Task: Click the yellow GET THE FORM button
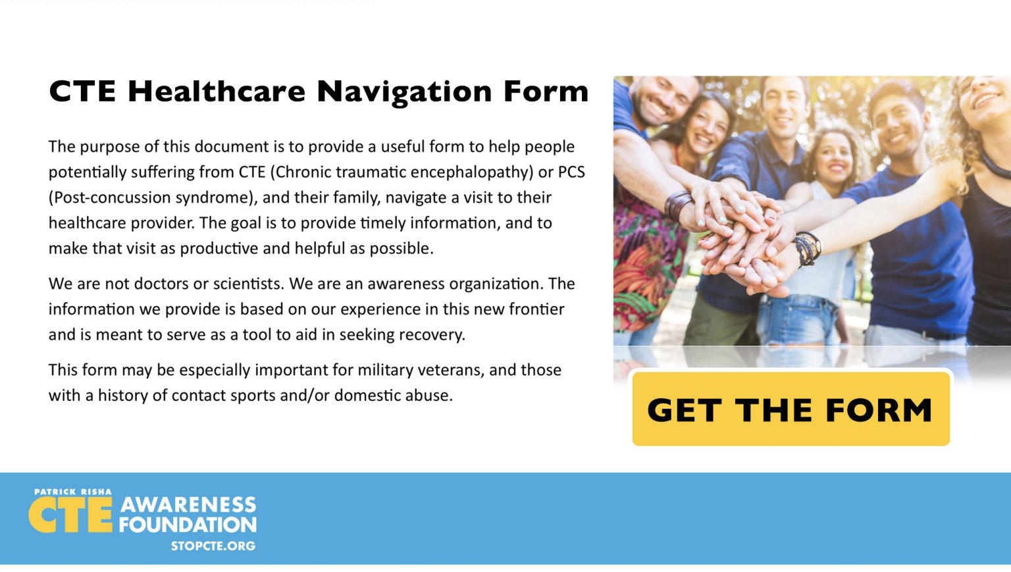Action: [x=791, y=409]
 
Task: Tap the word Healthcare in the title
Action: [x=217, y=91]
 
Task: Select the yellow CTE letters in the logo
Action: [x=70, y=515]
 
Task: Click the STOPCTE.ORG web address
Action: [x=213, y=546]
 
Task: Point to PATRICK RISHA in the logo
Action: [x=72, y=492]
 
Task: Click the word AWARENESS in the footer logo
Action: [x=188, y=505]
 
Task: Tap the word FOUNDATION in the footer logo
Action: [x=188, y=525]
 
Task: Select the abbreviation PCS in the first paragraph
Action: [x=571, y=172]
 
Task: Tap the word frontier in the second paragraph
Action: [x=536, y=309]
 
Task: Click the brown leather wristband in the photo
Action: [x=678, y=205]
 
